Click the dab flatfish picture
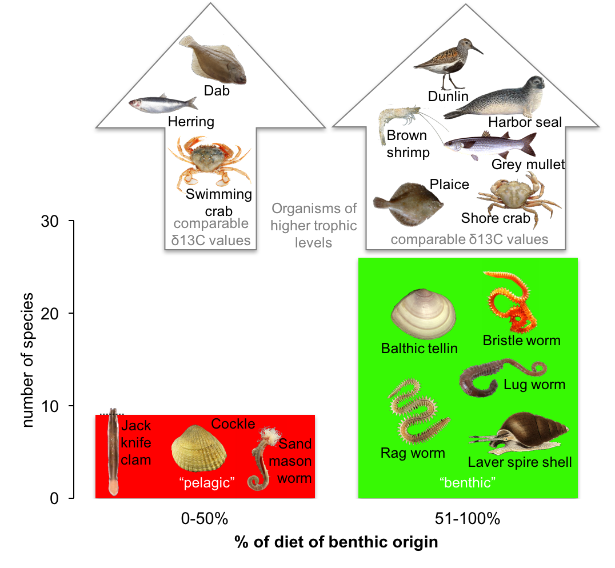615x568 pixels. point(213,60)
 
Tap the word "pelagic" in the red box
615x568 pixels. point(207,483)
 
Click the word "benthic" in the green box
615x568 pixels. point(468,483)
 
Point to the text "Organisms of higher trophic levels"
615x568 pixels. point(314,225)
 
